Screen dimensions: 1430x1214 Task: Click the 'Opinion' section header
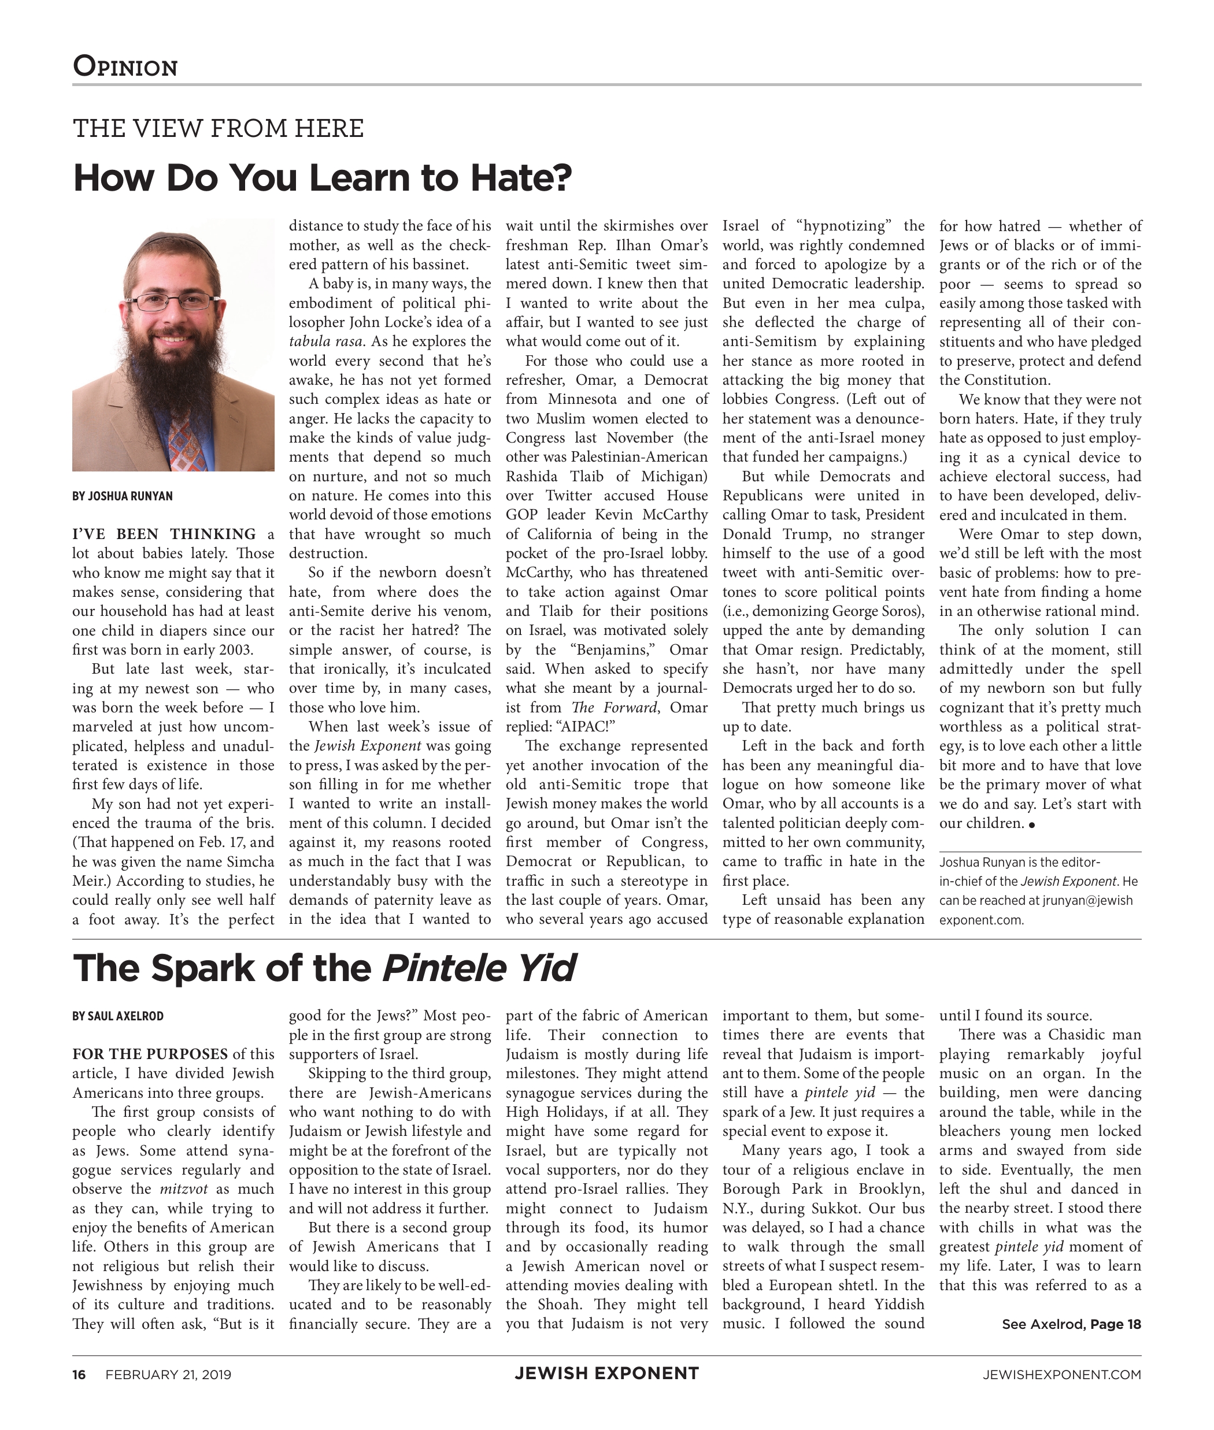(125, 66)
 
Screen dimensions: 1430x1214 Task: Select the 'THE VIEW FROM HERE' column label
(218, 129)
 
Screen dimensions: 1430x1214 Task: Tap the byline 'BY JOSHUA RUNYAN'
(123, 496)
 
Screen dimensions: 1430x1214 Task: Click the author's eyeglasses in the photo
(173, 301)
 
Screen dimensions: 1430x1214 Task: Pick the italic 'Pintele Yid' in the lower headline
(479, 968)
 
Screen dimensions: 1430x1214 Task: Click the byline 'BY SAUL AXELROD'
(118, 1016)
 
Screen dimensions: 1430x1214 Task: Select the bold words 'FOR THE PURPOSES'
(150, 1054)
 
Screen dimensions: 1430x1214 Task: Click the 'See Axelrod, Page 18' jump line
(1071, 1324)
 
